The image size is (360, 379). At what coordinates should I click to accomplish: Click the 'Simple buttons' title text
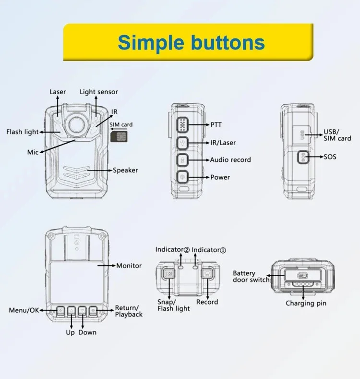click(191, 42)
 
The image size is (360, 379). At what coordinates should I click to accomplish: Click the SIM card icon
click(117, 136)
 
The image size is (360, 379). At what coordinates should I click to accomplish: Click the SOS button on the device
click(302, 157)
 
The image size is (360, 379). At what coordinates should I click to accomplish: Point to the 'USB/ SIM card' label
click(337, 135)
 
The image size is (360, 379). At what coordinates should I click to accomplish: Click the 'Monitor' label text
click(129, 265)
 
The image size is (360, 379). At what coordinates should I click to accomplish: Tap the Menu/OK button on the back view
click(60, 311)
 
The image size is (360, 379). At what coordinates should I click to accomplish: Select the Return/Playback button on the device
click(94, 311)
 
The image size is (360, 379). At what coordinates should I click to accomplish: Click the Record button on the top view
click(207, 274)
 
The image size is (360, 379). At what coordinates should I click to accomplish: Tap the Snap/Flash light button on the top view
click(169, 274)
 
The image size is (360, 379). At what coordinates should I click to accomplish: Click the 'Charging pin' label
click(306, 303)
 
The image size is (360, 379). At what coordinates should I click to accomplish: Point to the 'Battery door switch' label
click(251, 277)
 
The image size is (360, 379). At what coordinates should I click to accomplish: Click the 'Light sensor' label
click(99, 92)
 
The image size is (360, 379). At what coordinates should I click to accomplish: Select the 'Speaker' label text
click(125, 170)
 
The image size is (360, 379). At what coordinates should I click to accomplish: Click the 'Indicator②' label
click(172, 250)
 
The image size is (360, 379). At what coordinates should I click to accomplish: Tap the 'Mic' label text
click(33, 152)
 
